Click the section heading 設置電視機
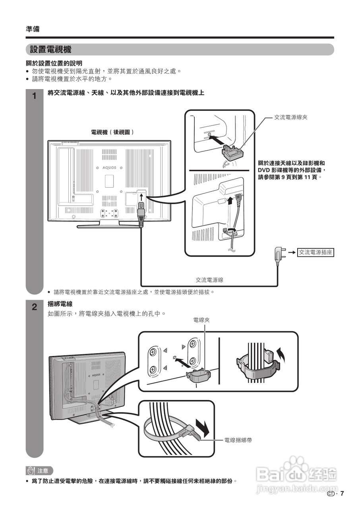[50, 50]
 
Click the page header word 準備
[33, 29]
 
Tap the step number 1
[35, 96]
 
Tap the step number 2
[35, 307]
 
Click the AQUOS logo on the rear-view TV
[109, 168]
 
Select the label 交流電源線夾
[291, 117]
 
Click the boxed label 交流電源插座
[315, 252]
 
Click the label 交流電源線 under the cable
[209, 280]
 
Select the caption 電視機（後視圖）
[112, 132]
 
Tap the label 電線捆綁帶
[238, 440]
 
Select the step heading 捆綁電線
[60, 304]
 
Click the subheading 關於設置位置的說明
[54, 63]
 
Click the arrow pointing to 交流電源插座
[292, 252]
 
